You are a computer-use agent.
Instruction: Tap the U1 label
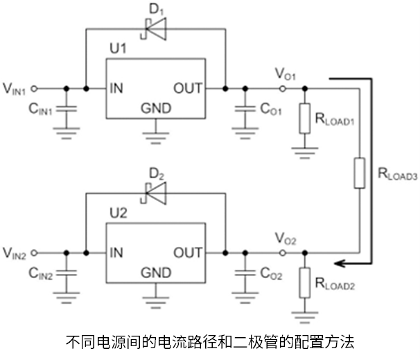pyautogui.click(x=119, y=49)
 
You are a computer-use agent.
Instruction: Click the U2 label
pyautogui.click(x=119, y=213)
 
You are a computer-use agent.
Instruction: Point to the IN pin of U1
pyautogui.click(x=118, y=88)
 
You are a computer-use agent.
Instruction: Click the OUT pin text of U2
pyautogui.click(x=188, y=252)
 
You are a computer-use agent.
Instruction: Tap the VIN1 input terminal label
pyautogui.click(x=15, y=88)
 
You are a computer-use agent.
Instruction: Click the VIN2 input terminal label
pyautogui.click(x=15, y=252)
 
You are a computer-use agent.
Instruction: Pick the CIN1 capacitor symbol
pyautogui.click(x=67, y=109)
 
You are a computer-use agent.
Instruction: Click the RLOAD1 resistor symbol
pyautogui.click(x=305, y=118)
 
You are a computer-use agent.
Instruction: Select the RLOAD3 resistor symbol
pyautogui.click(x=359, y=172)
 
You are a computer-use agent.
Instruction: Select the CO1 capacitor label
pyautogui.click(x=270, y=109)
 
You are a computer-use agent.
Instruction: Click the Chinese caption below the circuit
pyautogui.click(x=210, y=341)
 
